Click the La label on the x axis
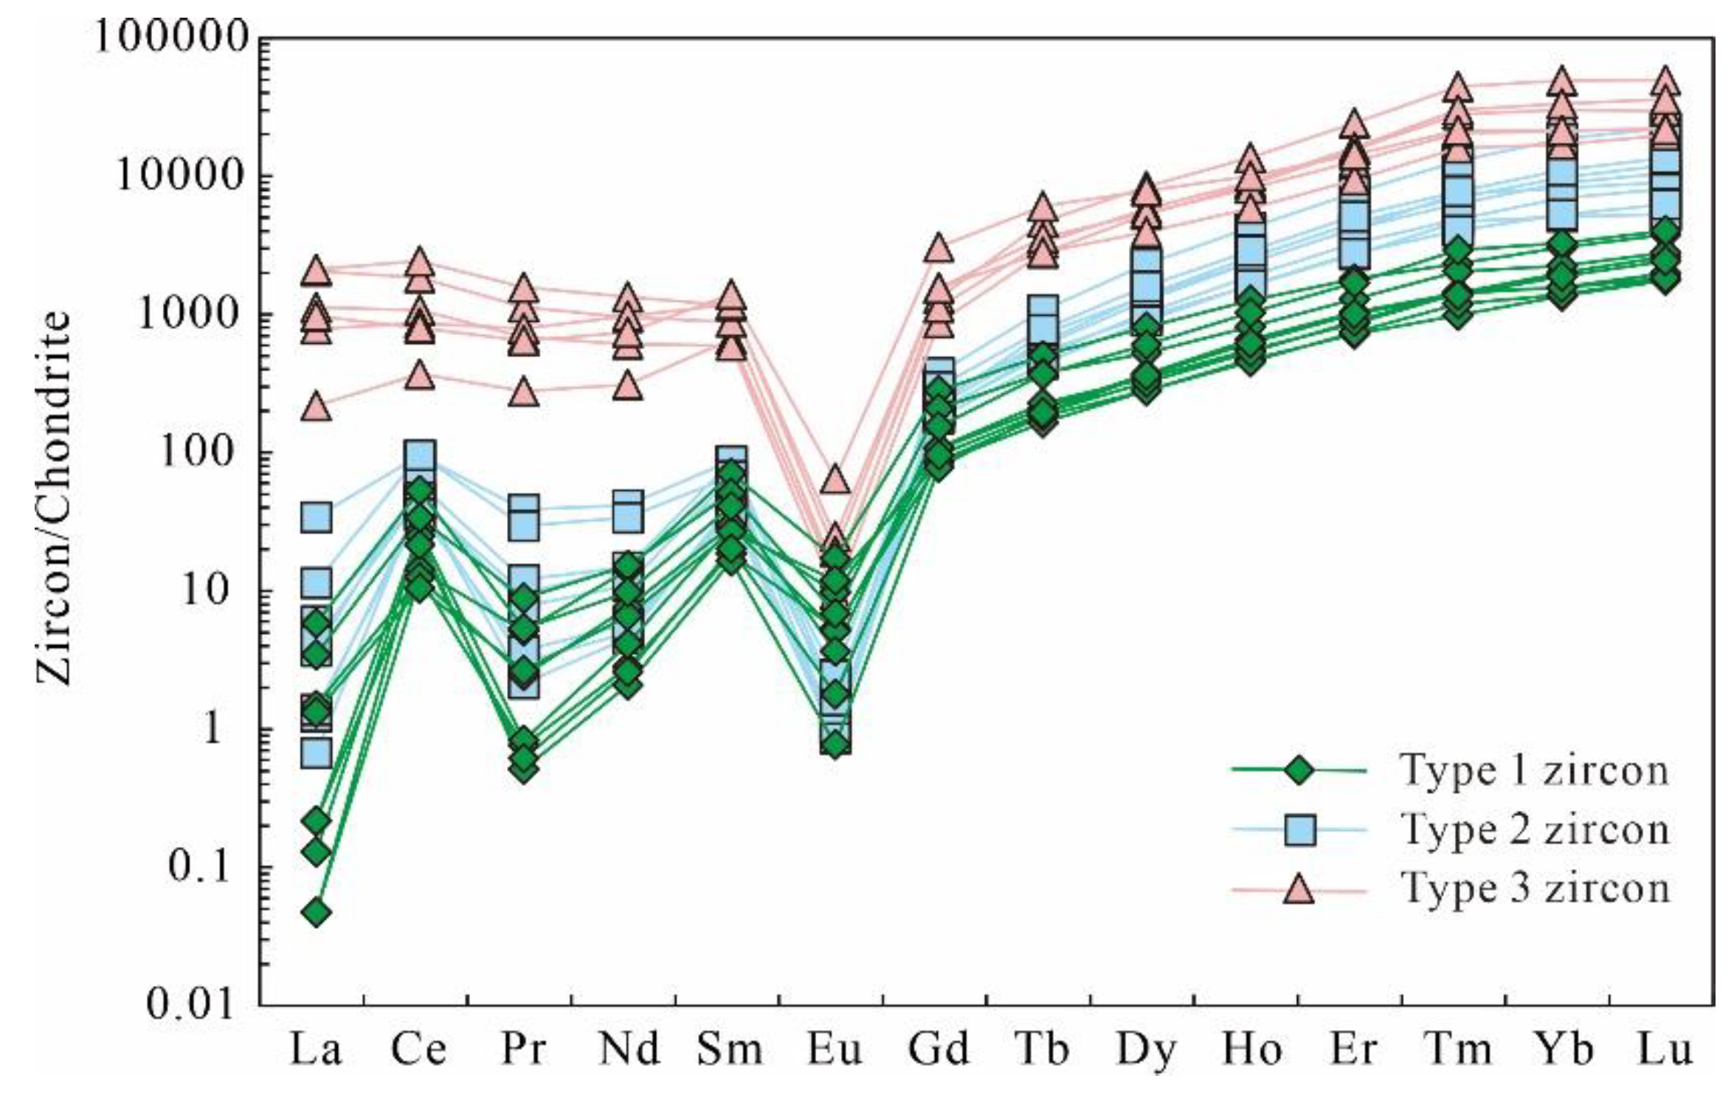[315, 1048]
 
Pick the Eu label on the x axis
[834, 1048]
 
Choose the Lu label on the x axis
[1665, 1048]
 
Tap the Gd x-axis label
[938, 1048]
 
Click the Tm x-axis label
[1457, 1048]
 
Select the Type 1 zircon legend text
[1533, 770]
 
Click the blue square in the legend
[1299, 829]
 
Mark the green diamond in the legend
[1299, 770]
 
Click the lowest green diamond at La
[317, 913]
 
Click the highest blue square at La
[317, 518]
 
